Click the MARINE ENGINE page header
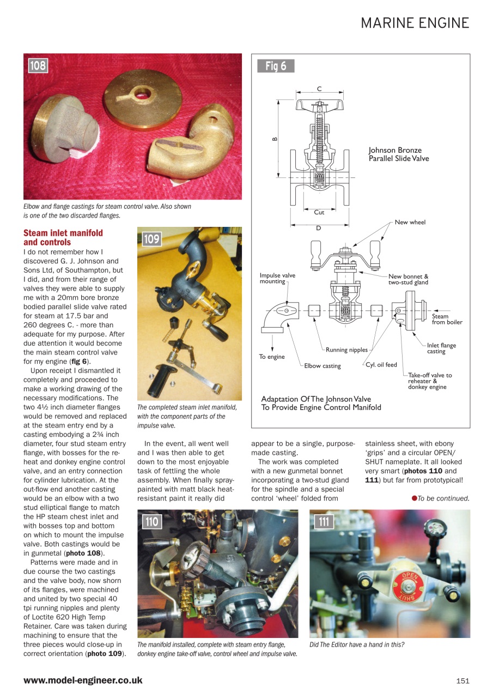415,23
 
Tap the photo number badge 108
38,66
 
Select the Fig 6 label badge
276,66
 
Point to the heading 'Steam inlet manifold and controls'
63,237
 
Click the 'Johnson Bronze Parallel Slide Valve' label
399,154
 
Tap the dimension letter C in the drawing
319,89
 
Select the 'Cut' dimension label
319,212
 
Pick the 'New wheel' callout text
410,222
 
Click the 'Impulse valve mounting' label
277,278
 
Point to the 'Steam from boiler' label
447,319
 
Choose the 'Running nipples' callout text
347,350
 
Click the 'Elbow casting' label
322,366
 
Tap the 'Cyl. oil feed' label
381,365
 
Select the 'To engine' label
272,357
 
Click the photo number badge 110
151,522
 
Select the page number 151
462,681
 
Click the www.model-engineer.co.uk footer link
83,680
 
